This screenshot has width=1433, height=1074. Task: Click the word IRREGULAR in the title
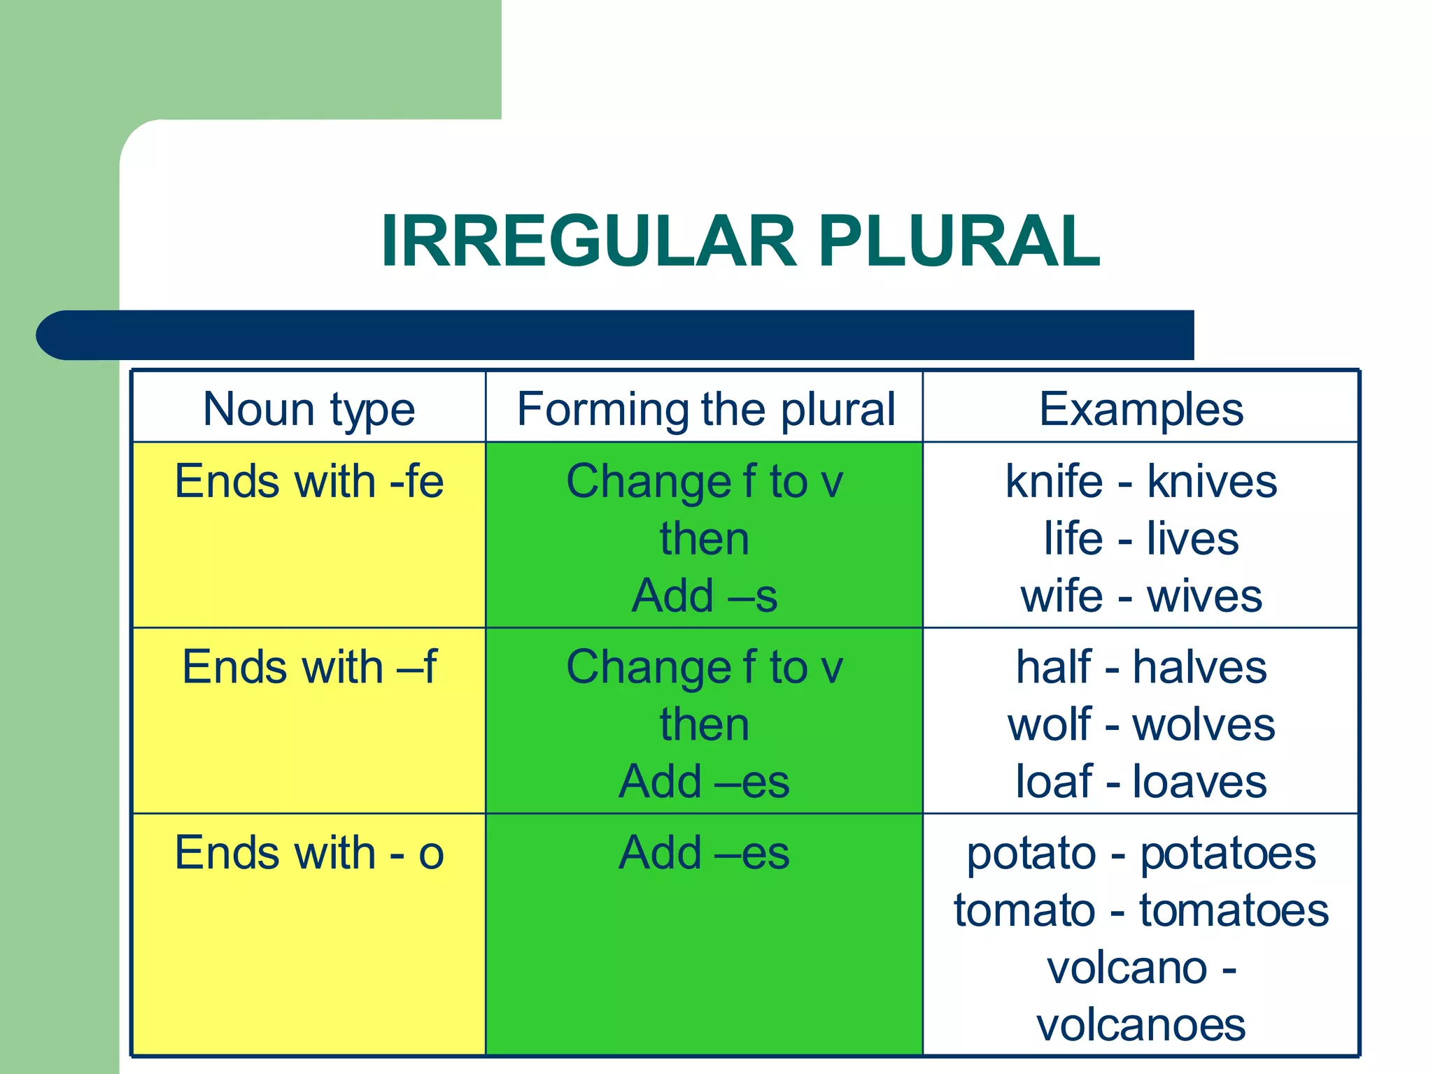588,241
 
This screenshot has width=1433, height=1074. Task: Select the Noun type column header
309,408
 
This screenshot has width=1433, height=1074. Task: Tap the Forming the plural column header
705,408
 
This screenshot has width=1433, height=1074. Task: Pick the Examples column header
1141,408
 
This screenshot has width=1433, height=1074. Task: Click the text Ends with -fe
309,482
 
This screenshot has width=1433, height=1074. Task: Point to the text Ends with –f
309,667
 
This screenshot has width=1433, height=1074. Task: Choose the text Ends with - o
309,853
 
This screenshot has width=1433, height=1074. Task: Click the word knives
1212,482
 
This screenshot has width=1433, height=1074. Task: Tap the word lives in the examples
1192,539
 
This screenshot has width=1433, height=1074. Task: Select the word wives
1204,596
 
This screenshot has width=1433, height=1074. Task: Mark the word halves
1199,667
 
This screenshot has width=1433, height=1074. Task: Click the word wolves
1203,724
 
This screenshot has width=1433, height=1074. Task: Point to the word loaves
1199,782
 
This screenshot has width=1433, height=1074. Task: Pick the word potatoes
1228,854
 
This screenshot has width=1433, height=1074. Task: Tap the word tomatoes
1234,911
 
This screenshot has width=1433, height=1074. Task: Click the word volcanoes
1141,1026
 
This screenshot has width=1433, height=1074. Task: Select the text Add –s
705,596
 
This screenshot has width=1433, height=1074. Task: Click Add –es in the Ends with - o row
705,853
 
